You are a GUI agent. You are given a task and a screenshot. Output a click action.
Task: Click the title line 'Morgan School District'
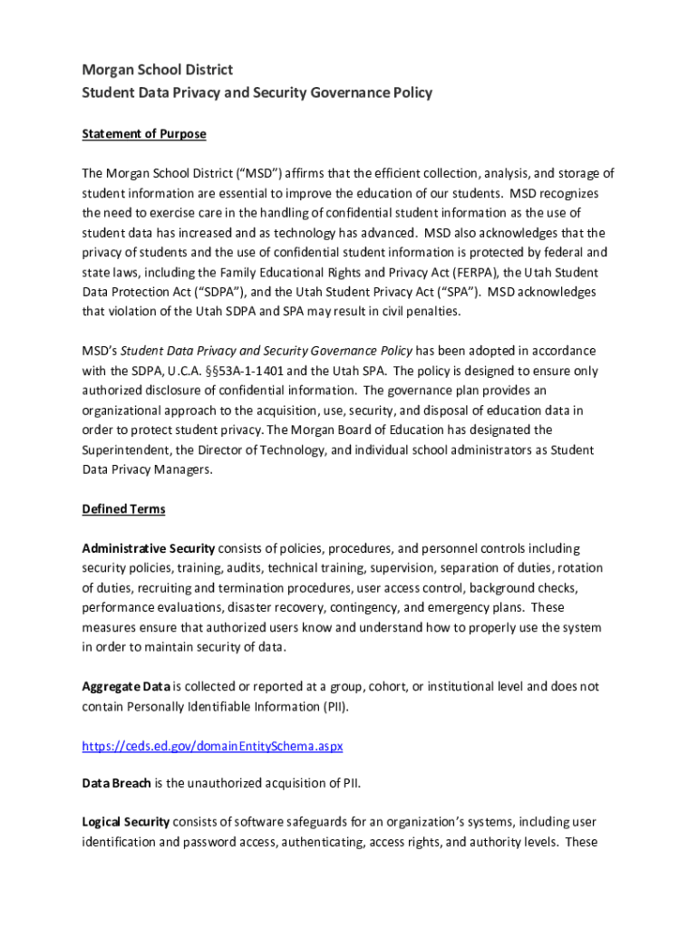point(157,70)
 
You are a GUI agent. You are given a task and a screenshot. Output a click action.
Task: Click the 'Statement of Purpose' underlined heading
point(144,134)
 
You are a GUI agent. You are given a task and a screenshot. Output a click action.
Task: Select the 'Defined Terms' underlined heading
point(123,509)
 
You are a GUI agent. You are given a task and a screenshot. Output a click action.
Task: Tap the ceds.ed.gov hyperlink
point(212,747)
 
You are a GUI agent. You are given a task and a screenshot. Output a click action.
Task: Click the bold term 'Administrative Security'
point(149,548)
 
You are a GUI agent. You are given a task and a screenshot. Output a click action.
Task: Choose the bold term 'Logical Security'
point(125,822)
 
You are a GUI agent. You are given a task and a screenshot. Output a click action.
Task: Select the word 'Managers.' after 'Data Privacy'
point(180,469)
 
